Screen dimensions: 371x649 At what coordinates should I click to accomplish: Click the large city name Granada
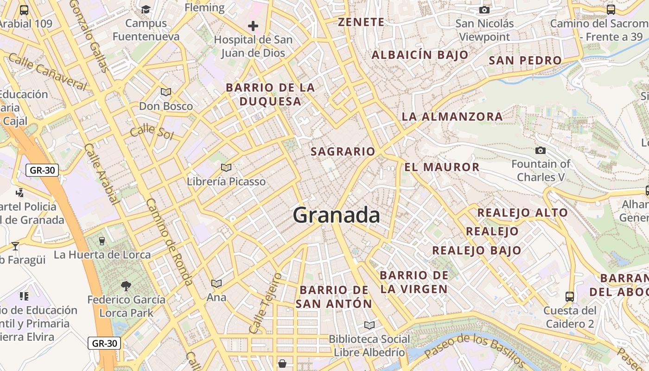point(337,216)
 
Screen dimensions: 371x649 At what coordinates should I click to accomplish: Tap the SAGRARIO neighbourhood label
point(343,152)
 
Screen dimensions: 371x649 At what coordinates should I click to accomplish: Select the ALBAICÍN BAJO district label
point(420,55)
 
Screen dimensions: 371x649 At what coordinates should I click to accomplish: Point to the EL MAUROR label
point(442,167)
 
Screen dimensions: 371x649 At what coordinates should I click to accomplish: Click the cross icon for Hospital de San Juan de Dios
point(253,26)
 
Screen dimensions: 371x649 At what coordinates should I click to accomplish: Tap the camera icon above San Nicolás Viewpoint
point(484,10)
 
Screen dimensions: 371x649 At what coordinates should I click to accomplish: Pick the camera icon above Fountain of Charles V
point(540,150)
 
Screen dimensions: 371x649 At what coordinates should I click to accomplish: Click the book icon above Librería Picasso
point(226,167)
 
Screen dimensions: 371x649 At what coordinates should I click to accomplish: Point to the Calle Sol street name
point(152,132)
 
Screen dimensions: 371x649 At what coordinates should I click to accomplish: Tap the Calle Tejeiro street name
point(265,303)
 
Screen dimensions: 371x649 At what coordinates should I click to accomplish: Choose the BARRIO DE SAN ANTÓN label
point(334,297)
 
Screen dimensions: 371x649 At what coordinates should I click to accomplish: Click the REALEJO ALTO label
point(522,213)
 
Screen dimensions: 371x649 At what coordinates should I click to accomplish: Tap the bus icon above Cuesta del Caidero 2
point(570,296)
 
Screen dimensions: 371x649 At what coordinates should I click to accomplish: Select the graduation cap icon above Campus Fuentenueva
point(146,9)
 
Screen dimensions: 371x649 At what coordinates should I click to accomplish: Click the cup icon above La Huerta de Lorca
point(102,241)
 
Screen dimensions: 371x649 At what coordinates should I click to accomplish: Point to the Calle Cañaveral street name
point(48,72)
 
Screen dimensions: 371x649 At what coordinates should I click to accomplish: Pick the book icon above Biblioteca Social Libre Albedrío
point(369,325)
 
